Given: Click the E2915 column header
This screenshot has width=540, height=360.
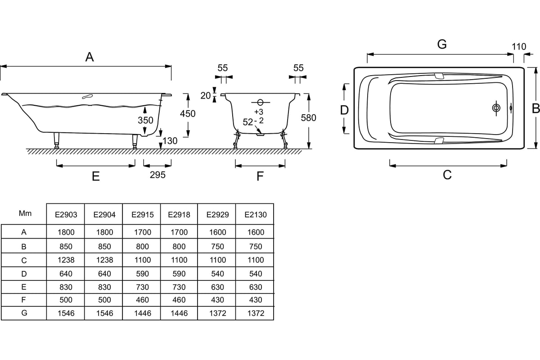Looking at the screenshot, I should [142, 215].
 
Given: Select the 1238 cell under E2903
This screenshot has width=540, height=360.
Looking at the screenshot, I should [66, 260].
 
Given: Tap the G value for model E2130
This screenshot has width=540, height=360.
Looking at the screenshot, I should [255, 313].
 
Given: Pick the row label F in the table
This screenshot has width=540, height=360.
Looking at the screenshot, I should [24, 300].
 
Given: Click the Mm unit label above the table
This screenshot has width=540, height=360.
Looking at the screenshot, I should [25, 213].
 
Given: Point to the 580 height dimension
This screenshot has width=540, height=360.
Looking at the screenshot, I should [309, 118].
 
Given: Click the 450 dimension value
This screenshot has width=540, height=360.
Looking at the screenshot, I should [188, 113].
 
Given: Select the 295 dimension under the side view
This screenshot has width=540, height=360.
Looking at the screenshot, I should [157, 175].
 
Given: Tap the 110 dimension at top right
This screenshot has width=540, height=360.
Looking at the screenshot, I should [519, 46].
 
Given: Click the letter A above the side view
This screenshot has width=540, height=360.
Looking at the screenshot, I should [90, 57].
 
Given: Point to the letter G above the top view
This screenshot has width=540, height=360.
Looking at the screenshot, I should [442, 44].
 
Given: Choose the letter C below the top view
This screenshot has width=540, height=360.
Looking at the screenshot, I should [447, 175].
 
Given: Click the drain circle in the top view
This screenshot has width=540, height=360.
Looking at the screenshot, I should [496, 108].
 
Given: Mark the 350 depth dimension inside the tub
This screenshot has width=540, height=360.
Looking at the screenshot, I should [145, 121].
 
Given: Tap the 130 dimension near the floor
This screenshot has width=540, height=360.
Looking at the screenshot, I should [170, 141].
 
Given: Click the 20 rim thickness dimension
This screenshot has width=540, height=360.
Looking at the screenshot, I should [205, 95].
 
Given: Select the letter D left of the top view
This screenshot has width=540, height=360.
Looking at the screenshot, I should [344, 110].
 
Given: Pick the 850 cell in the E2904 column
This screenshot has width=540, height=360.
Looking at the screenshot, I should [104, 246].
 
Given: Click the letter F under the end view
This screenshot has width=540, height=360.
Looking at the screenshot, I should [260, 176].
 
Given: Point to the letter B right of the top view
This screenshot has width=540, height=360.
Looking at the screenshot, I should [535, 108].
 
